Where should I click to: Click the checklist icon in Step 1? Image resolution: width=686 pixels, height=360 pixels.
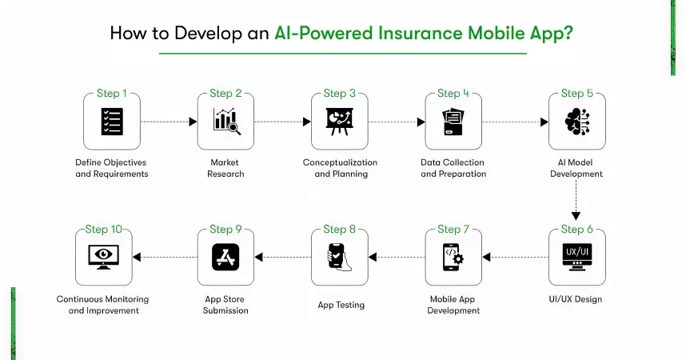click(111, 122)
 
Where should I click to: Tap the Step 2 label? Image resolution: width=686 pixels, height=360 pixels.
click(225, 94)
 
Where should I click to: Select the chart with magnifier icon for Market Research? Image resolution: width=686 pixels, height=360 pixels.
click(225, 122)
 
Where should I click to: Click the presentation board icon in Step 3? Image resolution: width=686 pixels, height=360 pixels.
click(339, 122)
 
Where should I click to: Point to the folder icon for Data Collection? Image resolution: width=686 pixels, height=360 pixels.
click(453, 122)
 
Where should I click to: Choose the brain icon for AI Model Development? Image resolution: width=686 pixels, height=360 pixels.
click(576, 122)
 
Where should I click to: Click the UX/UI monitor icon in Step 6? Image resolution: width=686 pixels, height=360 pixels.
click(576, 257)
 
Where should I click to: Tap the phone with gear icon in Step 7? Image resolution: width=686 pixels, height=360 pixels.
click(453, 257)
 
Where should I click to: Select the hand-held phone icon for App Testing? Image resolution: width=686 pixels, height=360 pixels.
click(339, 257)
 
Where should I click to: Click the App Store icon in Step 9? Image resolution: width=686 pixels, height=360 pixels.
click(225, 257)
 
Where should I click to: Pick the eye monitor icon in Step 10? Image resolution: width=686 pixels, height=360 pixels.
click(103, 257)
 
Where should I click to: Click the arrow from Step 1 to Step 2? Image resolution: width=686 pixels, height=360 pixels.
click(168, 122)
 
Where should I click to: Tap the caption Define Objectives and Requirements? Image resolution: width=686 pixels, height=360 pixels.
click(112, 168)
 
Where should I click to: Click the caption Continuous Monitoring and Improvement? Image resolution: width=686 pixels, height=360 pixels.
click(102, 305)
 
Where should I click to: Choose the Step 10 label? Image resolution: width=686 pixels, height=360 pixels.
click(103, 230)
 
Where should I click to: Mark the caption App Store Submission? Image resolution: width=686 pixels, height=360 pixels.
click(225, 305)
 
